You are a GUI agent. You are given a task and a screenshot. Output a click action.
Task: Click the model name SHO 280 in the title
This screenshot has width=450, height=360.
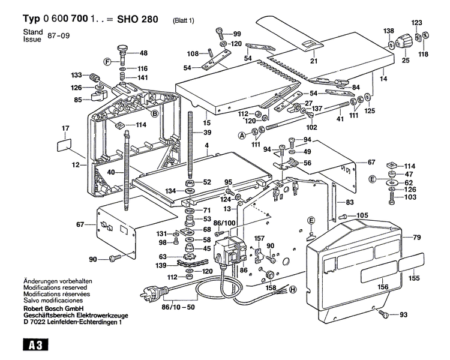tap(137, 19)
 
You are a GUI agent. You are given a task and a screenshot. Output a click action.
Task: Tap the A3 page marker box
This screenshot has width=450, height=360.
tap(35, 344)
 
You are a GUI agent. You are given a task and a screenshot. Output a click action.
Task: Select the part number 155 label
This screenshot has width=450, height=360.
tap(414, 278)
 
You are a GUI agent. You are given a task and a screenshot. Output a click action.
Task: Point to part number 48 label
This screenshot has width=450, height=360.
tap(143, 53)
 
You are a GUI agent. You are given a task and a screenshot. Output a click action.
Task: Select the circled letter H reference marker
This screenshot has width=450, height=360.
tap(293, 289)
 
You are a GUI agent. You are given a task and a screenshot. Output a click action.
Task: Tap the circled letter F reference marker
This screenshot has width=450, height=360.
tap(108, 61)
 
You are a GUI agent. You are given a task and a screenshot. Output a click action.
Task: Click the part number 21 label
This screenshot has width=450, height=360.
tap(313, 61)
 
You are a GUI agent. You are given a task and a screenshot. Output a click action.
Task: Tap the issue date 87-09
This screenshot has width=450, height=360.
tap(59, 36)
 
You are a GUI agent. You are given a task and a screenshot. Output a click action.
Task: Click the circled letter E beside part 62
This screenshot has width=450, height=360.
tap(373, 179)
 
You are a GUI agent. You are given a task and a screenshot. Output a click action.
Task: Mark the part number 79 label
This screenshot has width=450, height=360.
tap(416, 238)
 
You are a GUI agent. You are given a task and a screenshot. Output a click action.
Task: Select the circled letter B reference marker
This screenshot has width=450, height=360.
tap(154, 113)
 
